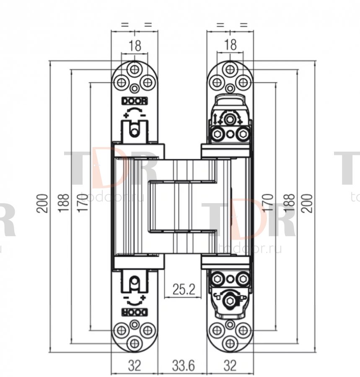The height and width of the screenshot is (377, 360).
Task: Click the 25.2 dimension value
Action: tap(184, 289)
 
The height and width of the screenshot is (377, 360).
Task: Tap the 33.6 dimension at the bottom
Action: tap(183, 365)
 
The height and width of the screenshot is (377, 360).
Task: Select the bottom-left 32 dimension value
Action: tap(134, 365)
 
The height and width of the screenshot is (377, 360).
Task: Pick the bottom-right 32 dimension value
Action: tap(230, 365)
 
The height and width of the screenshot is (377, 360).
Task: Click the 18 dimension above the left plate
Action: tap(135, 45)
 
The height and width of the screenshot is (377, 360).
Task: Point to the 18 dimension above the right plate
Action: tap(231, 44)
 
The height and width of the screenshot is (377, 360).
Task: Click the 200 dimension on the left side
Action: tap(42, 203)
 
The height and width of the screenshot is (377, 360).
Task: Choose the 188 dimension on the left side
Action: tap(64, 203)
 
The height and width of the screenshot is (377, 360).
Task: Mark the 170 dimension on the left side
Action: tap(83, 203)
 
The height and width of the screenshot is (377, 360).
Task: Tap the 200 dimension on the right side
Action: tap(307, 203)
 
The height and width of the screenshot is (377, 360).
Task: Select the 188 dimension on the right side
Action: tap(289, 203)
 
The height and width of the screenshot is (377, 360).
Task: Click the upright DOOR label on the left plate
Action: tap(135, 101)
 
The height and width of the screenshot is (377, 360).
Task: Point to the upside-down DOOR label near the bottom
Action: tap(135, 312)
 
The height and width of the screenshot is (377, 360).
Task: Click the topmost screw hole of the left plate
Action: tap(135, 70)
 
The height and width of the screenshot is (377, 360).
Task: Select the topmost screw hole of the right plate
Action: tap(230, 70)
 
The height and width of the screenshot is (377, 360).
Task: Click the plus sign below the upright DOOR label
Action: tap(126, 115)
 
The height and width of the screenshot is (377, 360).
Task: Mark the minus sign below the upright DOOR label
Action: tap(143, 116)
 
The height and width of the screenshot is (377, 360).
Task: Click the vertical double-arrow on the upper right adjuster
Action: tap(215, 119)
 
